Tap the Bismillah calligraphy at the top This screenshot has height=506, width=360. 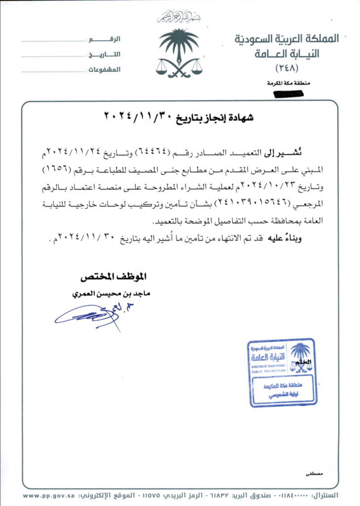point(180,18)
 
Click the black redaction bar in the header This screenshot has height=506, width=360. point(290,92)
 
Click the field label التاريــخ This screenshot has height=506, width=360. point(105,54)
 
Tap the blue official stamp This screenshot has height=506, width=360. point(282,372)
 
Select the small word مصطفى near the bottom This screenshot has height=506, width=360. point(314,473)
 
